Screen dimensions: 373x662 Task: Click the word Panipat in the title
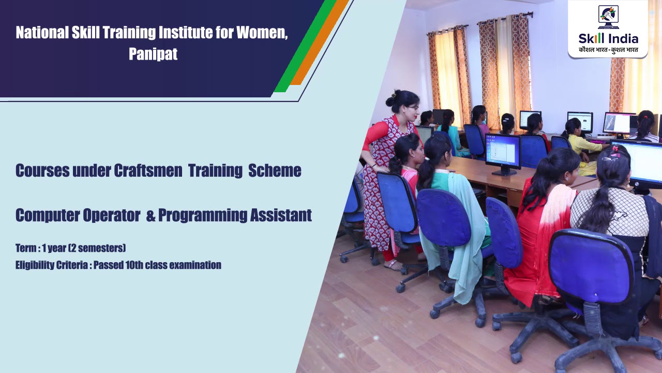[x=153, y=54]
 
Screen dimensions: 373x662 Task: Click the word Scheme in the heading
[x=275, y=170]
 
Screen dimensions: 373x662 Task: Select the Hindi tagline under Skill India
[x=608, y=50]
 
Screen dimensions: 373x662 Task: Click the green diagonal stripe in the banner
[x=305, y=47]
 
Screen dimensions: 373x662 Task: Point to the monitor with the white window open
[x=503, y=151]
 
